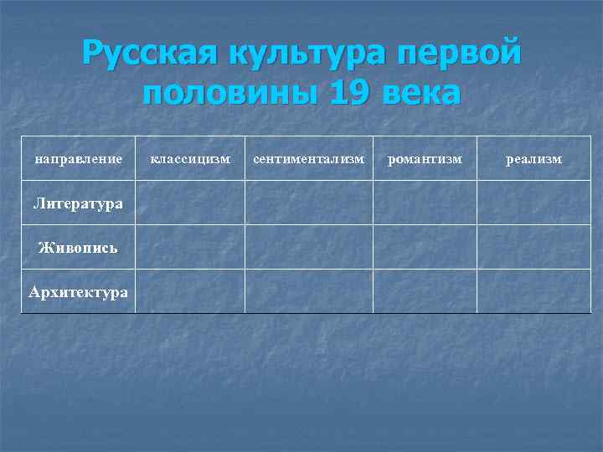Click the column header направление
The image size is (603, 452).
coord(78,159)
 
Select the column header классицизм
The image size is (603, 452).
coord(189,159)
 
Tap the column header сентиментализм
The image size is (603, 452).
coord(308,159)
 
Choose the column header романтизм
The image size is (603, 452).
coord(425,159)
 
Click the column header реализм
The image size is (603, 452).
coord(533,159)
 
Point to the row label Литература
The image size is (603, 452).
coord(78,203)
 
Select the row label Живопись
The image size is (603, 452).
coord(78,247)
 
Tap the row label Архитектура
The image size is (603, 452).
coord(78,291)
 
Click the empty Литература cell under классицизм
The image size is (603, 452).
coord(189,203)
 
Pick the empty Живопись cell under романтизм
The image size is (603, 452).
coord(425,247)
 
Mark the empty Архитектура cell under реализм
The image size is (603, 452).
coord(533,291)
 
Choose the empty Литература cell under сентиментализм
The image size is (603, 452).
coord(308,203)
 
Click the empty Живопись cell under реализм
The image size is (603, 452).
coord(533,247)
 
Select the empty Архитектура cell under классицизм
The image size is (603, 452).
coord(189,291)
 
